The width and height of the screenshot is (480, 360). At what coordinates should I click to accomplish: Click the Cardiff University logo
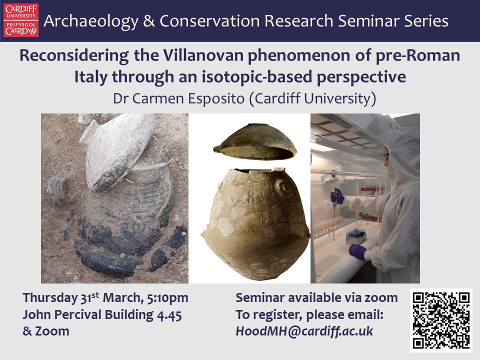click(x=21, y=20)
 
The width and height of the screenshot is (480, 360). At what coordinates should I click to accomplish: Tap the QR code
click(x=441, y=320)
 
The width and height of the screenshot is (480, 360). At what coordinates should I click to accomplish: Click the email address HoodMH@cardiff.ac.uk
click(x=304, y=331)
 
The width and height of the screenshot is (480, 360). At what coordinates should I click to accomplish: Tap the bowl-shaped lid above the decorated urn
click(x=254, y=143)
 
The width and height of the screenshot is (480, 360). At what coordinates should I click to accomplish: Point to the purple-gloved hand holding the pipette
click(x=338, y=196)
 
